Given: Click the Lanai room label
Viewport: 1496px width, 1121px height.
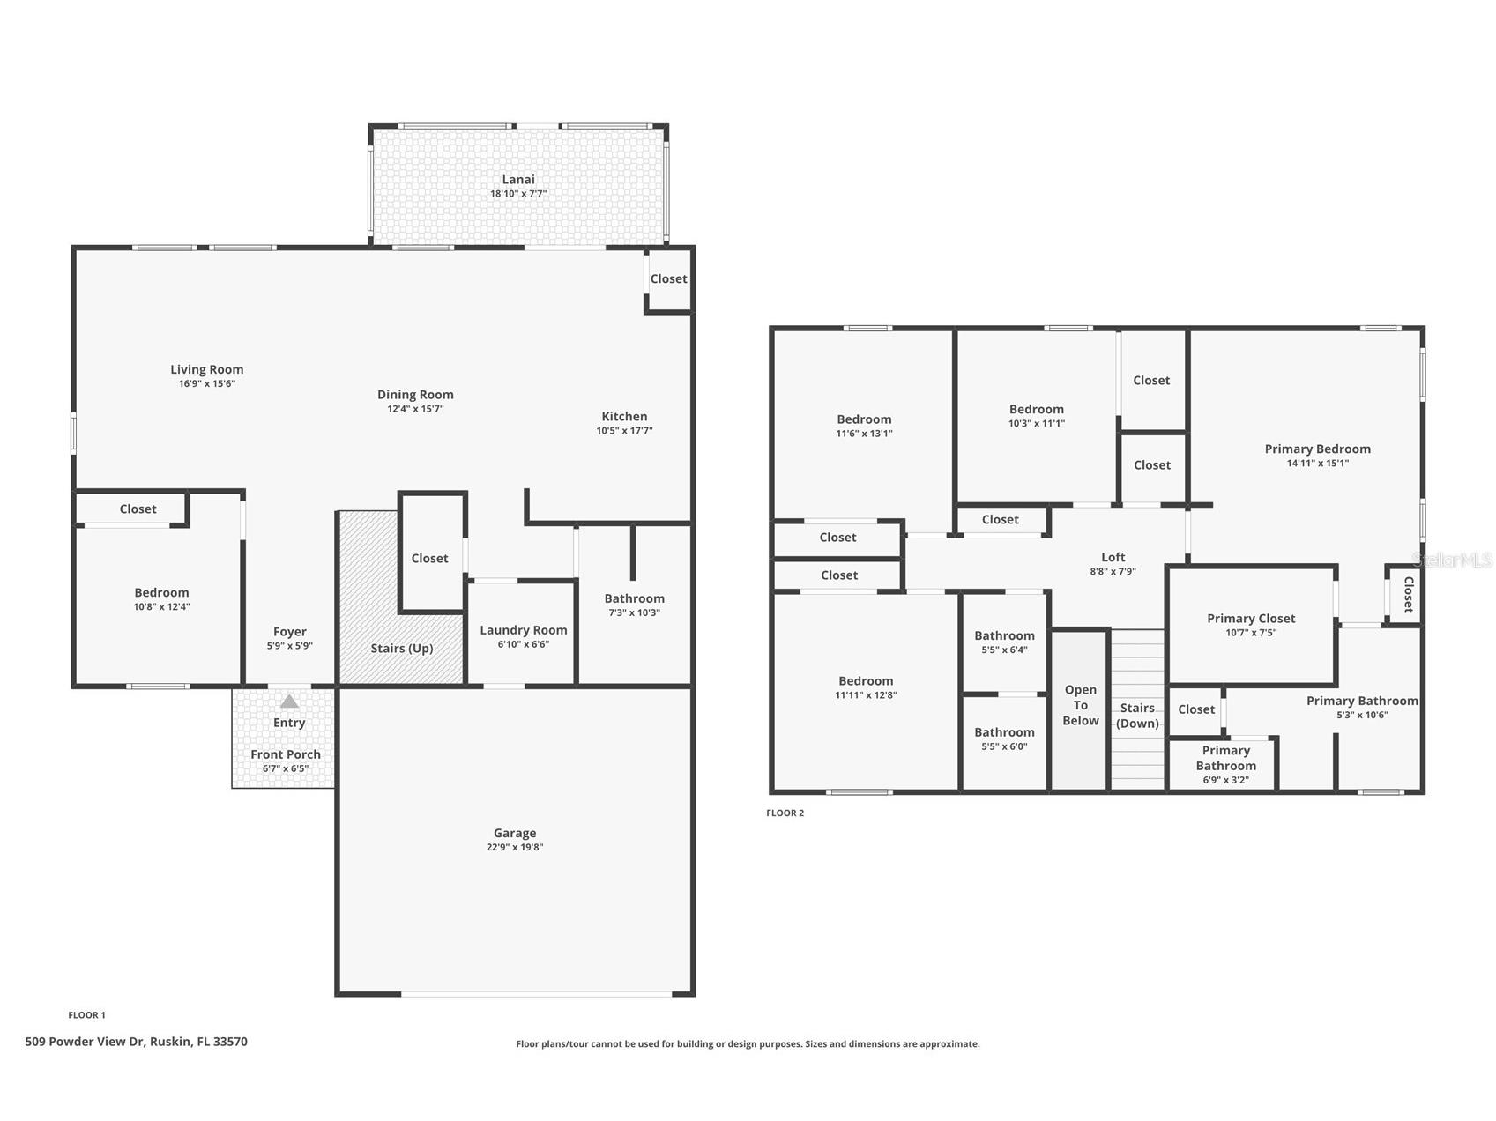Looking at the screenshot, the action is click(518, 180).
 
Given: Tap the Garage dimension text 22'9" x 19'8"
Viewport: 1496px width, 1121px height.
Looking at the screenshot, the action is click(515, 848).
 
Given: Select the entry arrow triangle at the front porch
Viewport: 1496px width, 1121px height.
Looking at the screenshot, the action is click(289, 702).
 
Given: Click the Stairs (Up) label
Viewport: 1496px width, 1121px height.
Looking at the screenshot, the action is click(402, 649).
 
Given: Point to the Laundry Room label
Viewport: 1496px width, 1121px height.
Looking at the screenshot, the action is click(524, 630).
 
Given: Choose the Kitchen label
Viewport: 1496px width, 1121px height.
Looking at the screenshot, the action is click(624, 417).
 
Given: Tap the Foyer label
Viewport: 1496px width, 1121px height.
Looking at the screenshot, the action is click(290, 632).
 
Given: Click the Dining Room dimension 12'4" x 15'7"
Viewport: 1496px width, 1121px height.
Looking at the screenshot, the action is click(415, 409).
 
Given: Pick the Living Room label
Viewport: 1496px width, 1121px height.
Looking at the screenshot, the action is click(207, 370).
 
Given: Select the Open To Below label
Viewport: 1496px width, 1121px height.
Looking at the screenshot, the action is click(1081, 705).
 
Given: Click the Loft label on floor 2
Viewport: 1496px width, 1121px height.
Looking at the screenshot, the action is click(1113, 557).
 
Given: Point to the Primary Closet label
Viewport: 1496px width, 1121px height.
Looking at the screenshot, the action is click(1251, 619).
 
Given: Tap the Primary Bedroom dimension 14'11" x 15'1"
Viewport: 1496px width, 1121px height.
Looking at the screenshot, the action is click(1318, 464).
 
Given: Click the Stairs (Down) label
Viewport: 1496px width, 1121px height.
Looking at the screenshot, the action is click(1137, 716).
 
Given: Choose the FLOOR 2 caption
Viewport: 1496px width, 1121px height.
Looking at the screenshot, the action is click(785, 813).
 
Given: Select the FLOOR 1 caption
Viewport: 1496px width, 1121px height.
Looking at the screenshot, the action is click(86, 1015).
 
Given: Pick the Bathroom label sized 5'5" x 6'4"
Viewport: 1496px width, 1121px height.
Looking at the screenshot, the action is click(1004, 636).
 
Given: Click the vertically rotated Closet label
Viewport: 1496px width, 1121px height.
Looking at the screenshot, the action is click(1408, 595).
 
